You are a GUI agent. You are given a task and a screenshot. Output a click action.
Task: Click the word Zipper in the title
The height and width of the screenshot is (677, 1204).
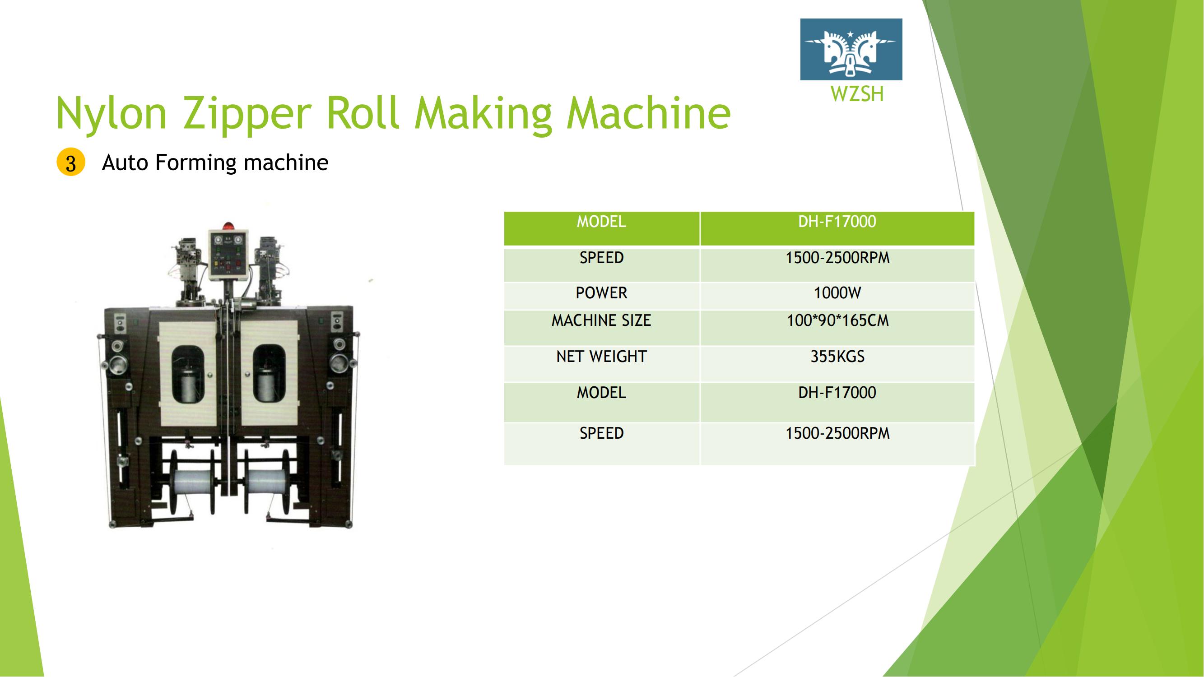[x=247, y=114]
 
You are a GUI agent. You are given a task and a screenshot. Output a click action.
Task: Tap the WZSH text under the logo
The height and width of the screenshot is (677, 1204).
[x=857, y=94]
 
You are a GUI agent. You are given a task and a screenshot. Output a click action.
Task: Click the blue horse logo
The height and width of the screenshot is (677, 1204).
[x=851, y=50]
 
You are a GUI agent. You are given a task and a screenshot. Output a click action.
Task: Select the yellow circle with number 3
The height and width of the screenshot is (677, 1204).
[x=70, y=162]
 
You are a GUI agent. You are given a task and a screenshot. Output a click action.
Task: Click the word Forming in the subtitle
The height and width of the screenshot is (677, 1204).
[x=196, y=162]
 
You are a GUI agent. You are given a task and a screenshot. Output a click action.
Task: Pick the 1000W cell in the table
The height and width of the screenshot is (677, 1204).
[x=837, y=293]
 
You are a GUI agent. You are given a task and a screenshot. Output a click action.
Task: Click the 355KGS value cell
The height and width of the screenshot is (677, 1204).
[x=837, y=357]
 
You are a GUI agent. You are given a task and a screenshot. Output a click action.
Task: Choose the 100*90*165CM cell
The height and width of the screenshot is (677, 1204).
[x=837, y=320]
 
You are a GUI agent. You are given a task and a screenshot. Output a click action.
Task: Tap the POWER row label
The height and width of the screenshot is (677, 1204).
[x=601, y=293]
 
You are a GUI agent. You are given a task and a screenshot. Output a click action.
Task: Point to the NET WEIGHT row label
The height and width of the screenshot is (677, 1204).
[x=601, y=357]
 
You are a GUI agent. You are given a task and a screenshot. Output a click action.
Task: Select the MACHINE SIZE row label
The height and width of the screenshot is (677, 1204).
[x=601, y=320]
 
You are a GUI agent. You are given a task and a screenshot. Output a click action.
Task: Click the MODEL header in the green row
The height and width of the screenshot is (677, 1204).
[x=601, y=222]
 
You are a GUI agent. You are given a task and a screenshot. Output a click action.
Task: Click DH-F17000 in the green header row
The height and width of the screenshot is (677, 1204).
[x=837, y=222]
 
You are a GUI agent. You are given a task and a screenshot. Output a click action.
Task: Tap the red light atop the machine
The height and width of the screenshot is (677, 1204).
[x=228, y=226]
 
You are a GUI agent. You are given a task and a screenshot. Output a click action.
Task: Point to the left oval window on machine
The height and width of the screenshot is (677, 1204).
[x=188, y=374]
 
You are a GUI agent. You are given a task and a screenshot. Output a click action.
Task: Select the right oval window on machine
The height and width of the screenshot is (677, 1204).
[x=269, y=374]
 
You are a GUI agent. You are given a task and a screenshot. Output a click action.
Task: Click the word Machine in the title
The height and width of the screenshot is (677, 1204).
[x=648, y=113]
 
